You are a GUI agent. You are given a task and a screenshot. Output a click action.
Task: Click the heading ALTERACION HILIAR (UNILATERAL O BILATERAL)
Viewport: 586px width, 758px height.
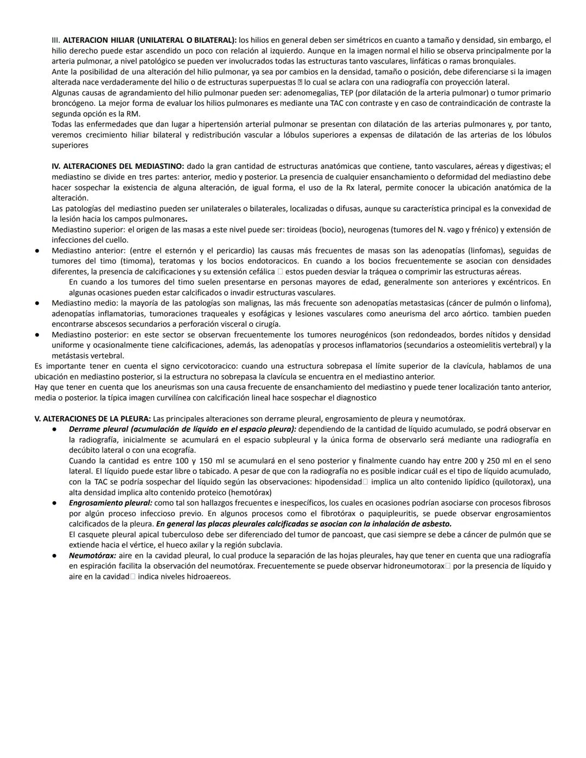click(x=150, y=40)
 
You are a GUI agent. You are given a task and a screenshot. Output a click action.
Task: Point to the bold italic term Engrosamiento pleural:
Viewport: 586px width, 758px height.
click(x=111, y=503)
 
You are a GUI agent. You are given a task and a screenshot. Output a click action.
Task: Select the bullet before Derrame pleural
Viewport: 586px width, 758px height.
click(x=55, y=430)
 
